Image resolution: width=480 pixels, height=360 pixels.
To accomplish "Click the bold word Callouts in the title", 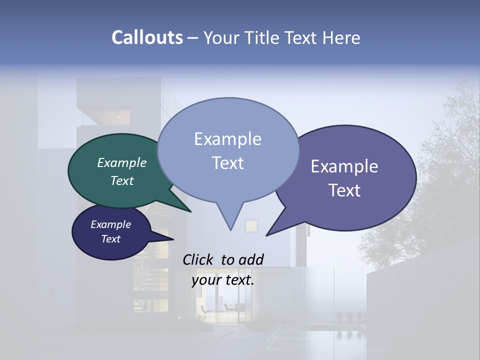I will (147, 38).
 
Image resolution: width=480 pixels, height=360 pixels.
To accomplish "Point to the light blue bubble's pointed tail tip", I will (230, 229).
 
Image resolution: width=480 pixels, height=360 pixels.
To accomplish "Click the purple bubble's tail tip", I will (266, 235).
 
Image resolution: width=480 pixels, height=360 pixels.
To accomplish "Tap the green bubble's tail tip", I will (191, 212).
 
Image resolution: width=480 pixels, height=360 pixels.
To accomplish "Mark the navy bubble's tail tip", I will (173, 239).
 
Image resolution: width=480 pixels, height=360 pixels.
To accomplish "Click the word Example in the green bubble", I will (122, 163).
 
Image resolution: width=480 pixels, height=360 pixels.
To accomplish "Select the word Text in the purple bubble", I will (344, 190).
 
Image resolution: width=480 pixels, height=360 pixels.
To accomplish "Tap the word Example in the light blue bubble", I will (227, 139).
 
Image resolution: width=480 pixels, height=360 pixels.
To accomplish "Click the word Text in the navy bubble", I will (111, 239).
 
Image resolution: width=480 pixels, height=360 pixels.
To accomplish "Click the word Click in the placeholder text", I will (198, 259).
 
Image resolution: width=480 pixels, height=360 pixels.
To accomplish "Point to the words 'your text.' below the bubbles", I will (223, 280).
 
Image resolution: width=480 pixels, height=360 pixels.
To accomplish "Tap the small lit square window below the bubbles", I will (251, 226).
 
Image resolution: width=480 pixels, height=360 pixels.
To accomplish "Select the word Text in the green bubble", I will (122, 181).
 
